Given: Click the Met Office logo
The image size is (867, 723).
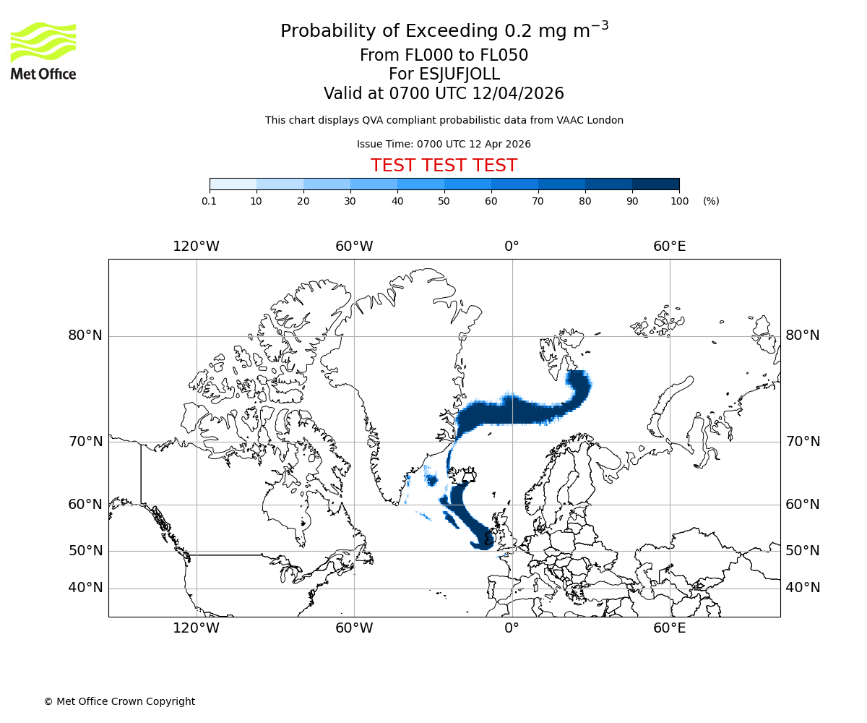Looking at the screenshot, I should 43,51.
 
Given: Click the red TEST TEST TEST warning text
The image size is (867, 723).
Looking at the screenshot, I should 444,166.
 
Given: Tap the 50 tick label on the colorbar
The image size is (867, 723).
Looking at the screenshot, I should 444,201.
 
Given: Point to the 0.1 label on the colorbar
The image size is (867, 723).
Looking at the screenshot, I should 210,201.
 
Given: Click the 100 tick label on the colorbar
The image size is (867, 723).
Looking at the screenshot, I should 679,201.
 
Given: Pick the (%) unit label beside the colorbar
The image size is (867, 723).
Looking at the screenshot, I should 711,201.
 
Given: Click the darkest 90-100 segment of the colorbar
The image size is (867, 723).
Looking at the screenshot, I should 656,184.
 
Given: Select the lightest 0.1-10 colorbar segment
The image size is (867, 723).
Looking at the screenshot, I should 233,184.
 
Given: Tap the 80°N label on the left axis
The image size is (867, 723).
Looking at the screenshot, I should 85,335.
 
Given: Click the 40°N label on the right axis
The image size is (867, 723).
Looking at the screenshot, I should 803,588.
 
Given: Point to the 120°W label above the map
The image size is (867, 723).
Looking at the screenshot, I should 196,247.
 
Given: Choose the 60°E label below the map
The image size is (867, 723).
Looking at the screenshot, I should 670,628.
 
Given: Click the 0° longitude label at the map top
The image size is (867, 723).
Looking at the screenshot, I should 512,247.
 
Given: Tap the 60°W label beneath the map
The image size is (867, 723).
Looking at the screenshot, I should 354,628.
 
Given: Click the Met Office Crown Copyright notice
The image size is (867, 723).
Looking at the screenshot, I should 119,701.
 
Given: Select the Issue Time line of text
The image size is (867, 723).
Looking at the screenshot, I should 444,144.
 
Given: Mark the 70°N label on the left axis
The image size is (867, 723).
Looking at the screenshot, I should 85,442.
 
